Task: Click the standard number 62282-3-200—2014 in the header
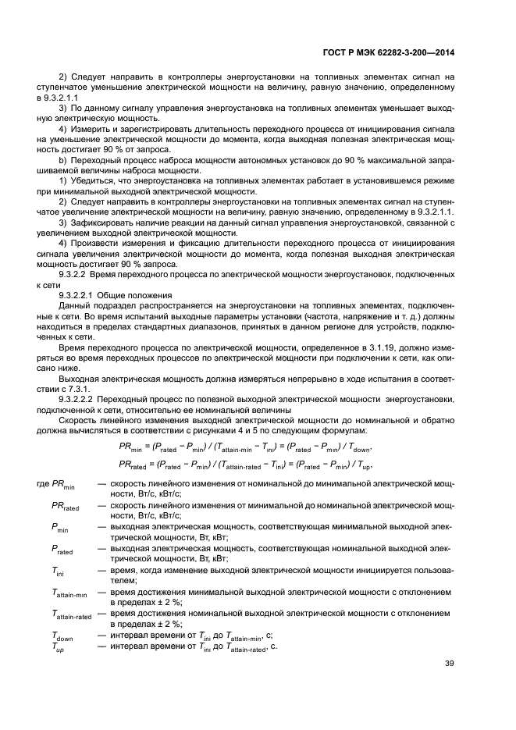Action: tap(418, 54)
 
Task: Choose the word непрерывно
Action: tap(300, 378)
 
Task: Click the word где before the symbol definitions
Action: tap(44, 485)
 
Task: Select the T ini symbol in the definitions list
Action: tap(60, 574)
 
